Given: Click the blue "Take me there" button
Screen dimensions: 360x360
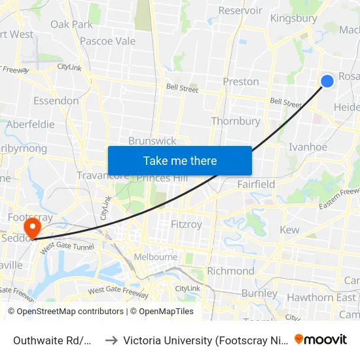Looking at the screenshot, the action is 180,161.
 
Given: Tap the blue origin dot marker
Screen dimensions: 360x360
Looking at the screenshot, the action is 327,81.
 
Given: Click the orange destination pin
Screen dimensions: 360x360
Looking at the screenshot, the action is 31,228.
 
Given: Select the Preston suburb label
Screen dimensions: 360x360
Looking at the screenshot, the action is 241,82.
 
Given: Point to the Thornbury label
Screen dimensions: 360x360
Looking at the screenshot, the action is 236,121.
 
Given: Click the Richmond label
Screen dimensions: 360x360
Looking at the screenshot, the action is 230,271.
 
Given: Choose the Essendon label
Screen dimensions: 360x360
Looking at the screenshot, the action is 56,101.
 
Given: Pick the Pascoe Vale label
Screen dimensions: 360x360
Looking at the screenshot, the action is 107,41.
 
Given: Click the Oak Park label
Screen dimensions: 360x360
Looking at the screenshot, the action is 72,24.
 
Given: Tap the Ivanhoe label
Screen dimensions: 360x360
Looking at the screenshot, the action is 308,147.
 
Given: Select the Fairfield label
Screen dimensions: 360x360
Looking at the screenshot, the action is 257,184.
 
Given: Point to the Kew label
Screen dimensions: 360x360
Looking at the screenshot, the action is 289,230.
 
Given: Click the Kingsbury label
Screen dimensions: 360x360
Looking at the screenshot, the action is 293,18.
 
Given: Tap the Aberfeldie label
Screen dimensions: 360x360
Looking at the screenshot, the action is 31,124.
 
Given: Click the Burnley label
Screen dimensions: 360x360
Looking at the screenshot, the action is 260,293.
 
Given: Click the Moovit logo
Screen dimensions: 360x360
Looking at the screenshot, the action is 321,339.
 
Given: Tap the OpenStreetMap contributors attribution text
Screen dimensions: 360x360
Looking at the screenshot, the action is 65,312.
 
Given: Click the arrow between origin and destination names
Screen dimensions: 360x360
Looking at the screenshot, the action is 111,340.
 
